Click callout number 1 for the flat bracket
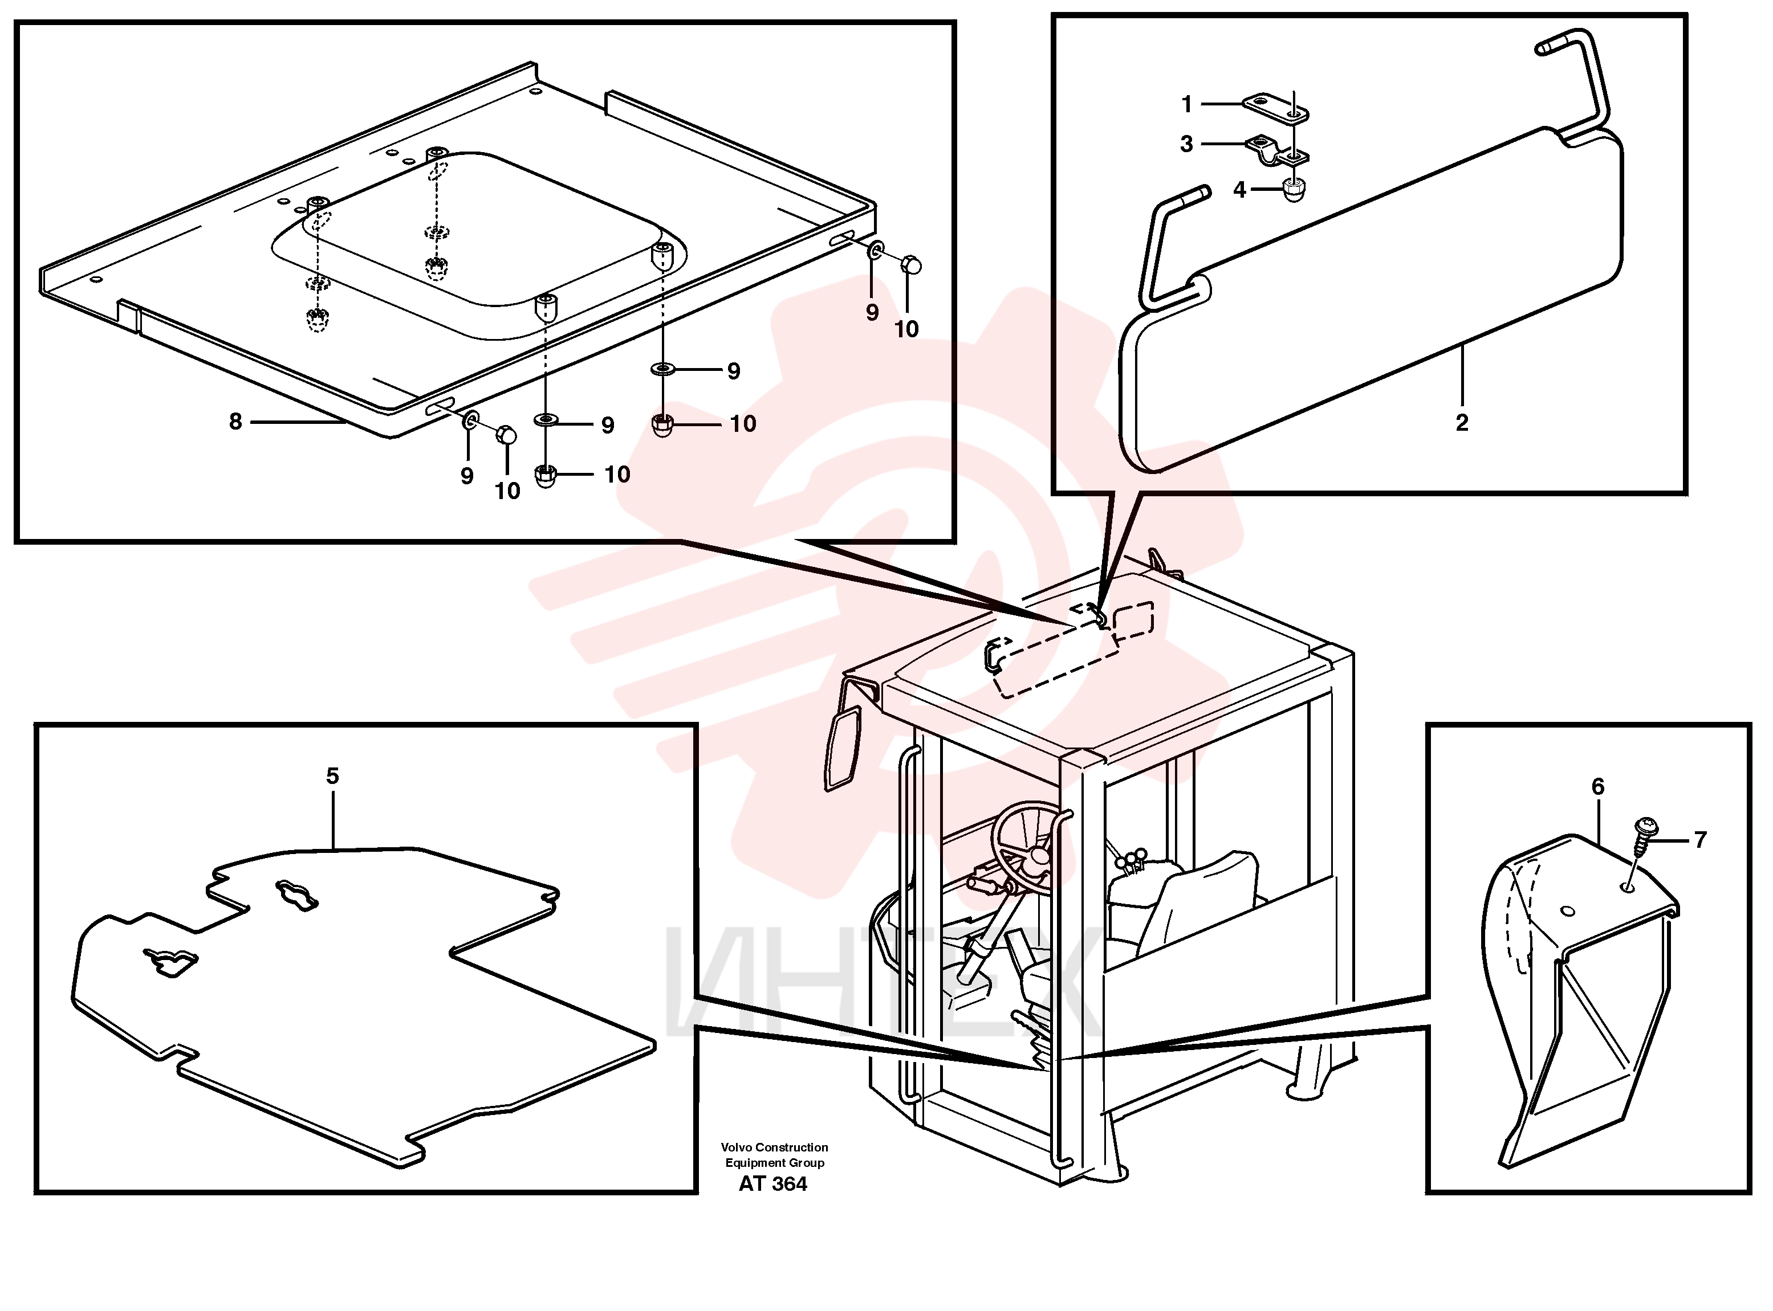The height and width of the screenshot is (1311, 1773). (1187, 104)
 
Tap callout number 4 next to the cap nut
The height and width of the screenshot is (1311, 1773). (1239, 190)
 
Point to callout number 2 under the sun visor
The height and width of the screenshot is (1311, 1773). (1462, 422)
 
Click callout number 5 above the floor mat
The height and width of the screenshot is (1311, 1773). (333, 775)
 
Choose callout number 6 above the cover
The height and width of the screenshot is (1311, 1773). (1597, 786)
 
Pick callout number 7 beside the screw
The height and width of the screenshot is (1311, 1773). (1700, 840)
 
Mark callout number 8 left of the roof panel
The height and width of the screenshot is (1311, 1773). (235, 422)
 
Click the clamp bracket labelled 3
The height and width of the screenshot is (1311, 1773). (1278, 152)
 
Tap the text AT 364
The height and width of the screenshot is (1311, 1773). (772, 1183)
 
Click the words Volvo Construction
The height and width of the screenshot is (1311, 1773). (774, 1147)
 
